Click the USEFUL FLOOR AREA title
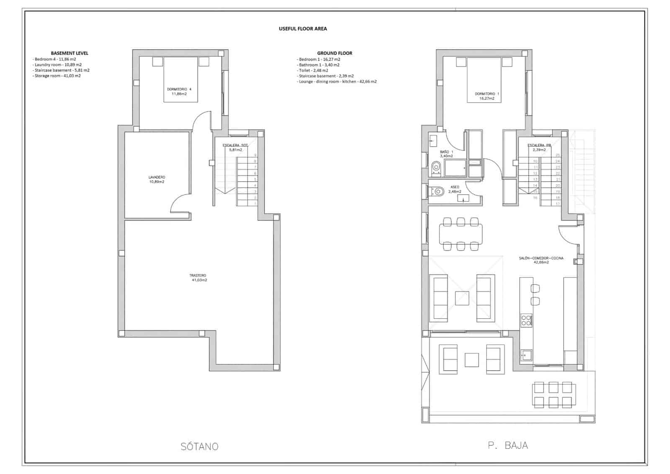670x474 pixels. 303,28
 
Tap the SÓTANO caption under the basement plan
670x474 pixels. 199,446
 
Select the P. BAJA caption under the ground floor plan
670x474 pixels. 508,445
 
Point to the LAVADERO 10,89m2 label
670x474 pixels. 157,180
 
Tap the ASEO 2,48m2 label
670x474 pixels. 454,189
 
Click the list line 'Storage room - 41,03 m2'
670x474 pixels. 57,76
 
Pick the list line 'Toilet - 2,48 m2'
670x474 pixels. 313,70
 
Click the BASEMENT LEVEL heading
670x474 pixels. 70,53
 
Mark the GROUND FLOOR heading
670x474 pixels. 335,53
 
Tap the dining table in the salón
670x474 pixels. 461,234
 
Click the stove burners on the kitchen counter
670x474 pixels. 526,320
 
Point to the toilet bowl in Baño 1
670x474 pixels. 436,168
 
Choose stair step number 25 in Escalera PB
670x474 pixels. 557,155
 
